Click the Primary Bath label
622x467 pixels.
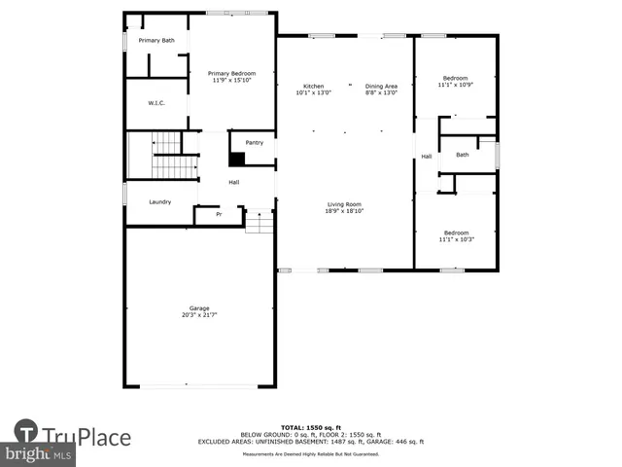point(155,40)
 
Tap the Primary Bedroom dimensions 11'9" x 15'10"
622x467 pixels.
point(231,81)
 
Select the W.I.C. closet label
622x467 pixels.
point(157,103)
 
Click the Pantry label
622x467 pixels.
point(254,143)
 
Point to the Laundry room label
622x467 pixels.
point(160,201)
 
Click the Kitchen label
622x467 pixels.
point(313,86)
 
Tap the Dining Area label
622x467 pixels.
point(381,86)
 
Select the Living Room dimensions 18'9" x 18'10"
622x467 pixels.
point(344,211)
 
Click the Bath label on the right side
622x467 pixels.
point(463,155)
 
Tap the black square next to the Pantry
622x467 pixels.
point(236,159)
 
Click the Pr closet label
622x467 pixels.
point(219,214)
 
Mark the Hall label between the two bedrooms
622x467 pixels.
point(426,156)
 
